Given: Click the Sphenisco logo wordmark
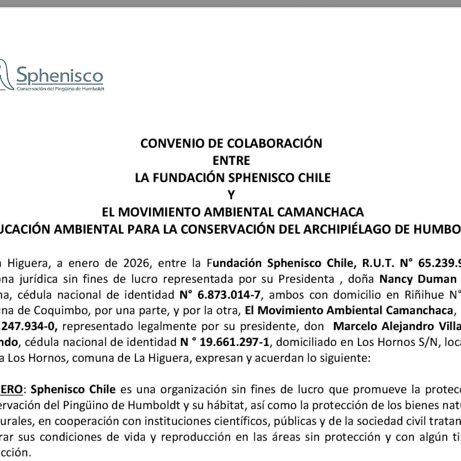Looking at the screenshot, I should point(59,75).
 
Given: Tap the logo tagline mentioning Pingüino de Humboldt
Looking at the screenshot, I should point(60,89).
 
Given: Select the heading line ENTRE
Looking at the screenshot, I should point(231,161).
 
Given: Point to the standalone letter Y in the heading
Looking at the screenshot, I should point(231,195).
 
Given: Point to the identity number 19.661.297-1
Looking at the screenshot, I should point(234,342).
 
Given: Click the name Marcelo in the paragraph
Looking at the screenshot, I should point(356,326).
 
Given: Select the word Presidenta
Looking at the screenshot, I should point(306,279).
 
